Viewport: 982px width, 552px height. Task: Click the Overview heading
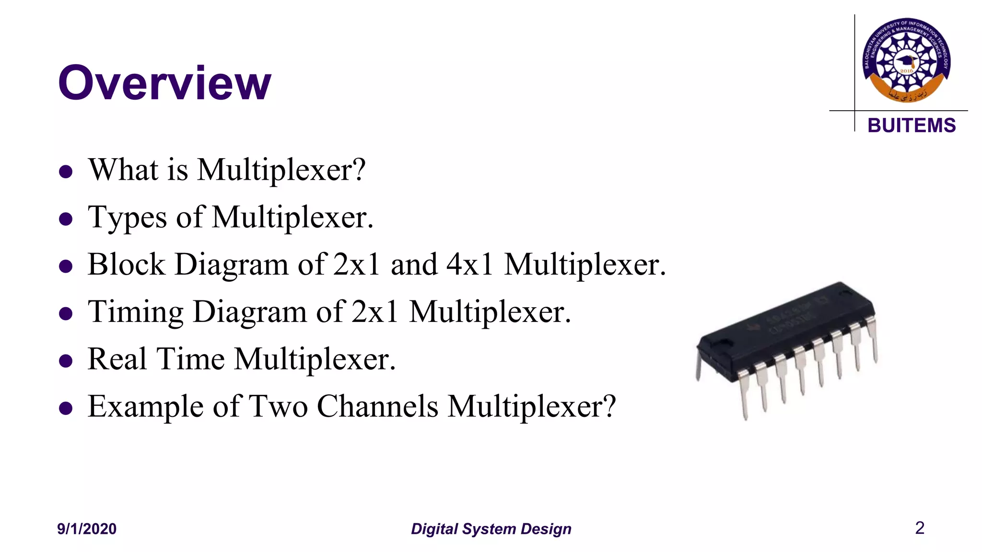164,83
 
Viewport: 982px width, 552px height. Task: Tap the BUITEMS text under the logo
912,126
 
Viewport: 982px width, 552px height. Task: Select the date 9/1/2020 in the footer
87,529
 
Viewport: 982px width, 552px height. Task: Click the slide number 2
919,528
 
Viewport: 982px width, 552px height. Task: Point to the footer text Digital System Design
491,529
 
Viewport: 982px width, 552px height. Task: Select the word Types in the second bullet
127,218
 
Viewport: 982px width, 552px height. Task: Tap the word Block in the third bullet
126,264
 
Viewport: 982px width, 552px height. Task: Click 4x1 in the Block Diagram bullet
469,264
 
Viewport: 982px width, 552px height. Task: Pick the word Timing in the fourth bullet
135,312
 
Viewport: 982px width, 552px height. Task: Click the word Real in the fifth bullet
117,359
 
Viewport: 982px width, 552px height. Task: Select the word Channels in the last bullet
377,406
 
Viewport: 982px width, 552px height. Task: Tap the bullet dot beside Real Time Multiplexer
66,361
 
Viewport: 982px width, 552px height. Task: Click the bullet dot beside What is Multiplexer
66,172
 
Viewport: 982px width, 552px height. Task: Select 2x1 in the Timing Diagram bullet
374,312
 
